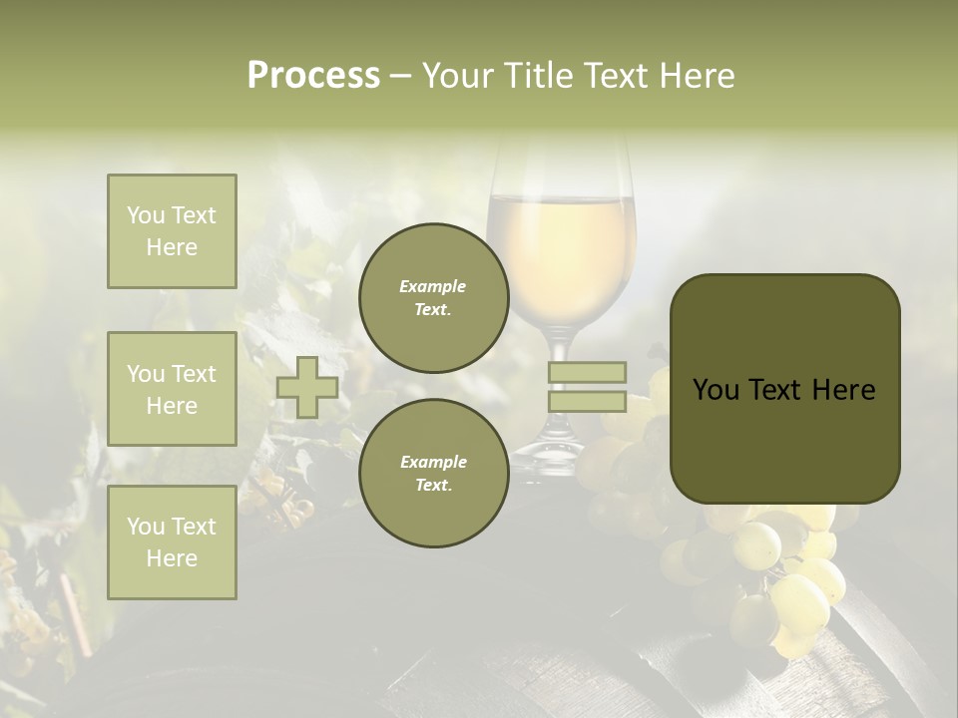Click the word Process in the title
click(313, 76)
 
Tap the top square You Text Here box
click(172, 231)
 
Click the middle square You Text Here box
click(172, 389)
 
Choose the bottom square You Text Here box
click(172, 542)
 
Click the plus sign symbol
click(307, 387)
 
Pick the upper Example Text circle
click(433, 298)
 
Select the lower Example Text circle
click(433, 474)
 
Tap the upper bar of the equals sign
click(587, 373)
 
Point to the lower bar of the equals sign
click(587, 402)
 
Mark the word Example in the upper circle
click(433, 286)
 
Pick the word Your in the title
click(456, 76)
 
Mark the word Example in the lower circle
click(433, 462)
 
